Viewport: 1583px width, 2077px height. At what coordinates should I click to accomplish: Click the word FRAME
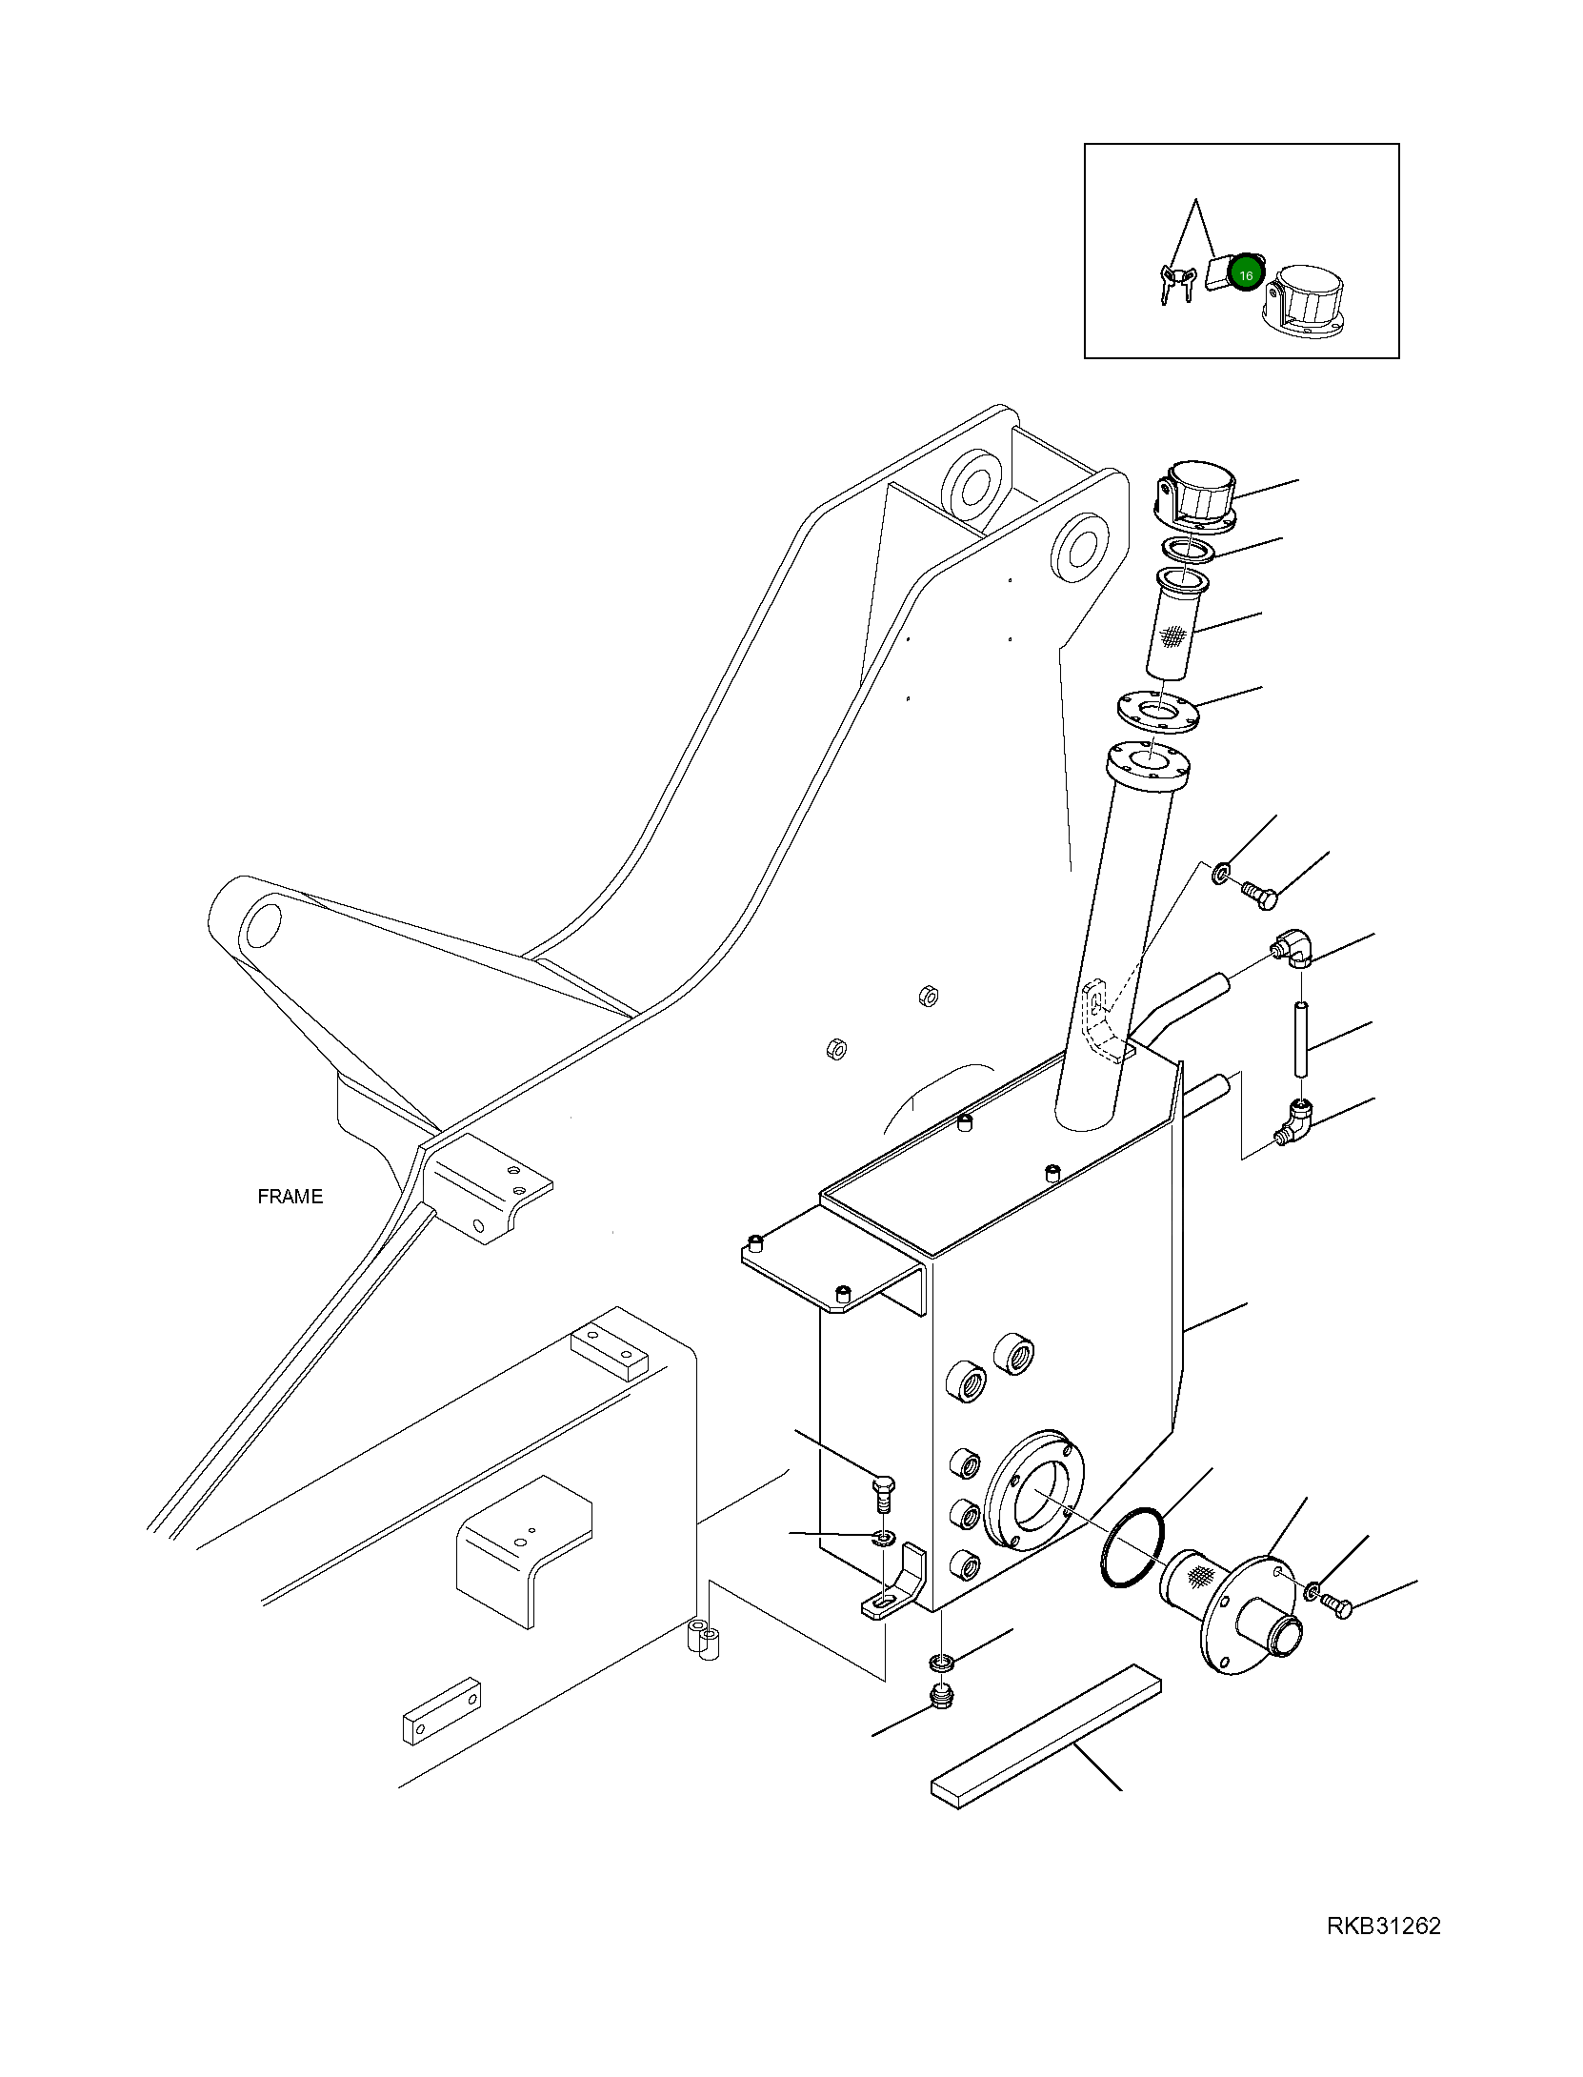point(290,1197)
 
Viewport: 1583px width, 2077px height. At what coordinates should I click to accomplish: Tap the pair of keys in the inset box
point(1175,282)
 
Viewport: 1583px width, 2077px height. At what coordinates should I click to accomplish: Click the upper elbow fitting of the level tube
point(1294,950)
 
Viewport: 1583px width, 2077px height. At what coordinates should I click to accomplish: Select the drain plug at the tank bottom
point(941,1698)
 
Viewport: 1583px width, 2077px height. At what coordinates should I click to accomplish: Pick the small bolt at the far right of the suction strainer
point(1337,1609)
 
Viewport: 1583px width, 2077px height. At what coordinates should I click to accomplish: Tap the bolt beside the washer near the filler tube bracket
point(1259,893)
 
